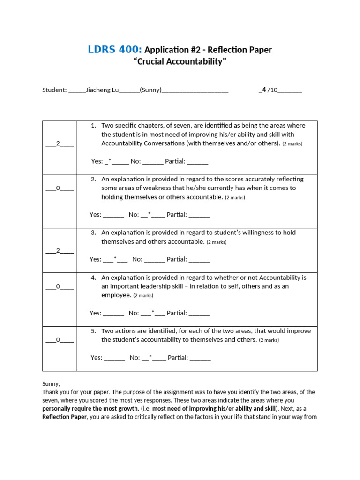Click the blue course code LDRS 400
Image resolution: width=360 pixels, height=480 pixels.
click(115, 50)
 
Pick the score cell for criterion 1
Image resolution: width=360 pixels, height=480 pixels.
click(60, 143)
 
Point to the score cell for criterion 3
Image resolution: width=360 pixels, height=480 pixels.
click(60, 250)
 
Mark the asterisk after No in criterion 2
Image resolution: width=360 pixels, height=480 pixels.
click(149, 215)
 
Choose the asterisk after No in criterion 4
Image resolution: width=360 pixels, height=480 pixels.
click(153, 313)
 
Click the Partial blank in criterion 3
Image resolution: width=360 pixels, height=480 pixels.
click(199, 259)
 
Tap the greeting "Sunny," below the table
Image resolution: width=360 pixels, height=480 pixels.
click(51, 383)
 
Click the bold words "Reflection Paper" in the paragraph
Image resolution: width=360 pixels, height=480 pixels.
click(64, 417)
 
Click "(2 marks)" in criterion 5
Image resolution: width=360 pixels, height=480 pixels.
click(270, 340)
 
